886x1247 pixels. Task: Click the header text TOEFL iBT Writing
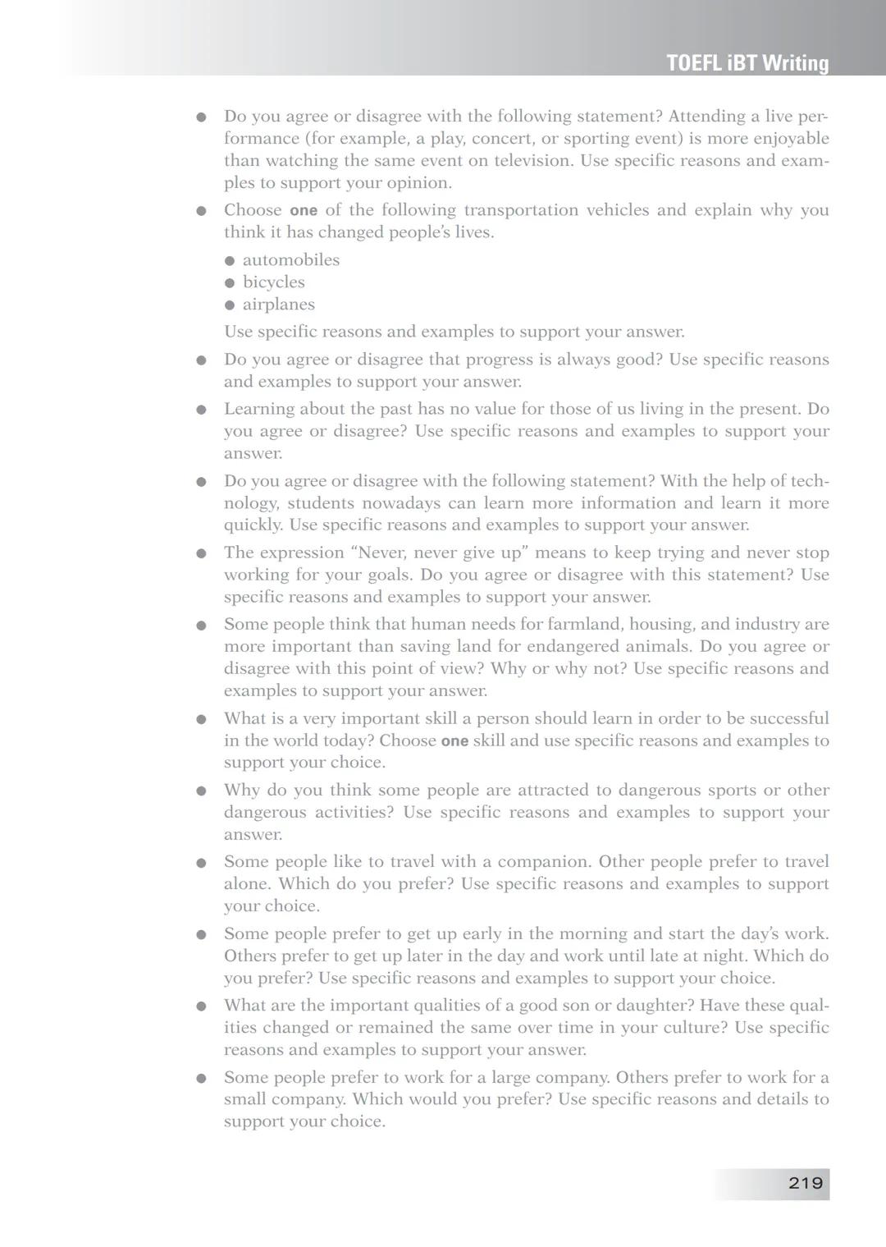[x=747, y=63]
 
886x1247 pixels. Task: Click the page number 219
[x=805, y=1183]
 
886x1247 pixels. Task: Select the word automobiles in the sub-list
[x=290, y=260]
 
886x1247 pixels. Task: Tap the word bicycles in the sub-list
[x=273, y=282]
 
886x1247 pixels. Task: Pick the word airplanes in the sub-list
[x=278, y=305]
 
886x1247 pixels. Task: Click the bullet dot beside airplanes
[x=230, y=305]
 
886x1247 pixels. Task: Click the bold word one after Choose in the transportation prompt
[x=303, y=211]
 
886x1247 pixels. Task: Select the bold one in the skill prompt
[x=454, y=741]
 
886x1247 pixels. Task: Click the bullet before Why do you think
[x=201, y=791]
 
